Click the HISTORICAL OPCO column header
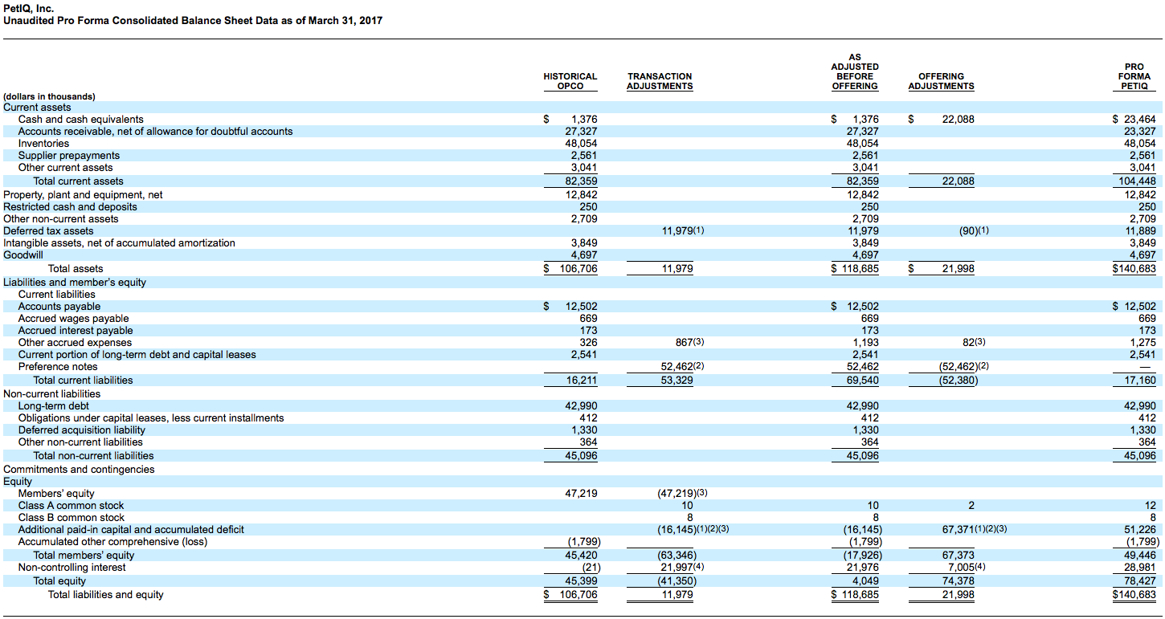point(570,81)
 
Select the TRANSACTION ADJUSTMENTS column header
point(660,81)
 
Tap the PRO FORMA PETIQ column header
point(1134,76)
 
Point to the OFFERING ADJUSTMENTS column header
point(941,81)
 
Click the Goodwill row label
point(22,255)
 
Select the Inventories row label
point(43,144)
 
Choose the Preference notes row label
point(58,367)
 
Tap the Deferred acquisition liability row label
point(82,430)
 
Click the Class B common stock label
point(72,518)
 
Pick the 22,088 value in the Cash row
point(958,120)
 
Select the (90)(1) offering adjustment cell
point(974,230)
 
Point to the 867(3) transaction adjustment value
point(689,343)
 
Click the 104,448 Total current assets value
point(1138,181)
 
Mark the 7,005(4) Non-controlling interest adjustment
point(967,567)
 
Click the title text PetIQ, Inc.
point(29,9)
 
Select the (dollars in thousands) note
point(49,96)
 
